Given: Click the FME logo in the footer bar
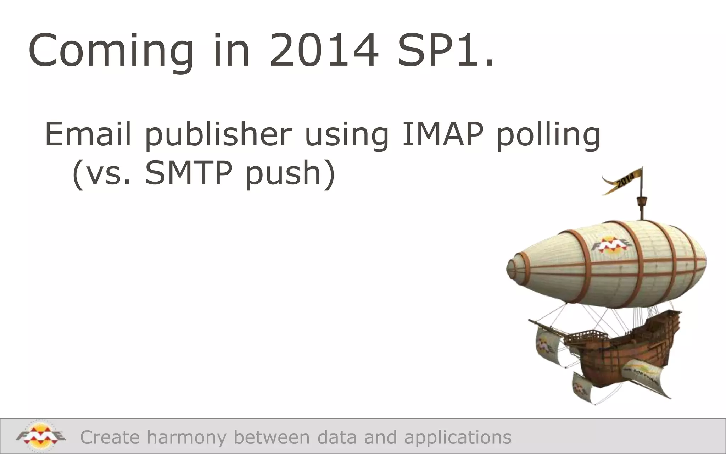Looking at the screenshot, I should (40, 436).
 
